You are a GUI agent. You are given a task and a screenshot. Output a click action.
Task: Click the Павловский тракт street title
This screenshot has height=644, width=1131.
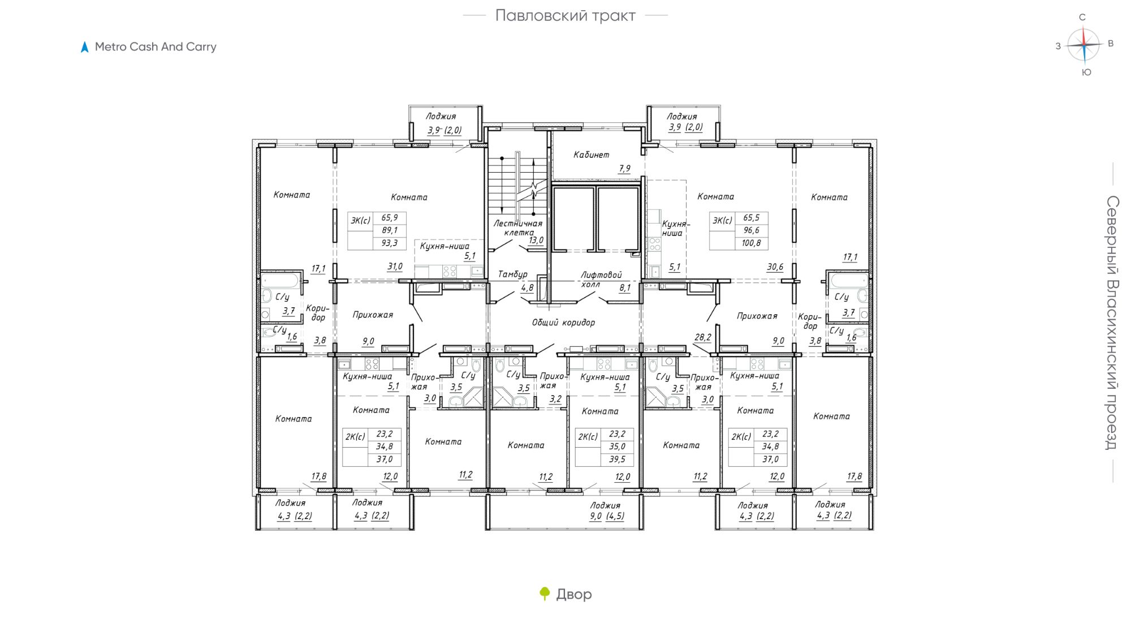coord(565,16)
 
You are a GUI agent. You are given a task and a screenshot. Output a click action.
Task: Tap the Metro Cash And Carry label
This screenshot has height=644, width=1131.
coord(156,47)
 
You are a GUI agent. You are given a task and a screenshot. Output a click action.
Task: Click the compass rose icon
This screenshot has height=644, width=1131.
coord(1084,44)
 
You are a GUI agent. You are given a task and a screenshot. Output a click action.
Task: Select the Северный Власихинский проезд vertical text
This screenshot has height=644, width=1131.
coord(1112,323)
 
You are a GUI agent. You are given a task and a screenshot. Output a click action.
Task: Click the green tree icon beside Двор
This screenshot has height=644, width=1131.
coord(545,594)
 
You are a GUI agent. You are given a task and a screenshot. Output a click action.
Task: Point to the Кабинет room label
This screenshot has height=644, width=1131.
coord(591,154)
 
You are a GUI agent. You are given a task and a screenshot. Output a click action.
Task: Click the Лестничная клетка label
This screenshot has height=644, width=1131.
coord(517,227)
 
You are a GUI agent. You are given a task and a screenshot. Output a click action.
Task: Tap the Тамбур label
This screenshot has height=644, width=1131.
coord(512,274)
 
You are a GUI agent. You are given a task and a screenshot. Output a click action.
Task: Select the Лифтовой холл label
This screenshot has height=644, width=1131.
coord(601,279)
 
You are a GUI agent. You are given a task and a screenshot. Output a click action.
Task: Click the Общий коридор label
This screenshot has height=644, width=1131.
coord(563,323)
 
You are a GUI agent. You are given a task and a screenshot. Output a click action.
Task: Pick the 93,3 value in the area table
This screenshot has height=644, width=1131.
coord(389,243)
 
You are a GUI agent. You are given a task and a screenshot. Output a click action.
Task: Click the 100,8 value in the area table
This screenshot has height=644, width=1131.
coord(751,243)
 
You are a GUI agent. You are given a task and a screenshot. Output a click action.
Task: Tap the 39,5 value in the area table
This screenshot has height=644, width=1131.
coord(617,460)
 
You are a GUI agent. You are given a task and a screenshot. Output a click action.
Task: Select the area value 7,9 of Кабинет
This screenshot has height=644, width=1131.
coord(624,169)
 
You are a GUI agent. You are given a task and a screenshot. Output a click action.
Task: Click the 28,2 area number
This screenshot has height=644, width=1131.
coord(703,337)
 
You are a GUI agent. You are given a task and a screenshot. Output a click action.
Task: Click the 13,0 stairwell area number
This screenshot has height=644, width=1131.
coord(536,240)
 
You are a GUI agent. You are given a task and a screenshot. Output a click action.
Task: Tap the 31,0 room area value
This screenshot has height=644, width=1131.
coord(395,267)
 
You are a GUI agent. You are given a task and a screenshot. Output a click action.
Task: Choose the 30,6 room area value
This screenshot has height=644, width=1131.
coord(775,267)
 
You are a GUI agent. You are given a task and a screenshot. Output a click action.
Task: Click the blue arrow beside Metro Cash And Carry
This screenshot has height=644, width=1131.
coord(85,47)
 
